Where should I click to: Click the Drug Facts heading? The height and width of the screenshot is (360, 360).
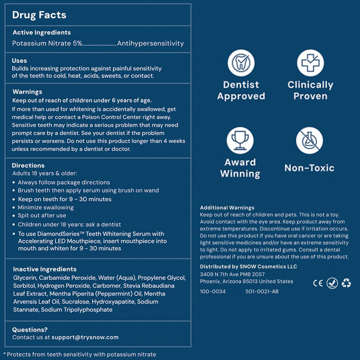click(x=39, y=15)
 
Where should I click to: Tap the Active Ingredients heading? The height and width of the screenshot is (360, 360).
click(x=42, y=33)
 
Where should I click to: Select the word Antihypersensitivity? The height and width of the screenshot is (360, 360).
click(x=150, y=43)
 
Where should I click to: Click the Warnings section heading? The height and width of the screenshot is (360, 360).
click(x=27, y=92)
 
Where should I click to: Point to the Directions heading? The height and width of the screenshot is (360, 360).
click(x=28, y=165)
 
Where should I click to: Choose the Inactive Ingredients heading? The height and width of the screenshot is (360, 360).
click(x=45, y=269)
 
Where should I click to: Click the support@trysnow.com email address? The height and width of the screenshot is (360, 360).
click(x=85, y=337)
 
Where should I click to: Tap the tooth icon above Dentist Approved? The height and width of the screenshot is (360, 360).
click(x=241, y=63)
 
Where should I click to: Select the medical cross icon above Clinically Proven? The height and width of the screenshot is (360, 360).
click(x=310, y=63)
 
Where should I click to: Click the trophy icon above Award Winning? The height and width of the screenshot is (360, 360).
click(x=240, y=140)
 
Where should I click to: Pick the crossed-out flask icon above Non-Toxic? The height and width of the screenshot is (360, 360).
click(x=309, y=140)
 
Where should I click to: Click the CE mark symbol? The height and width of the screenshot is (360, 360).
click(x=318, y=283)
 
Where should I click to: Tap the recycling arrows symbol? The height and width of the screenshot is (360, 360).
click(x=346, y=283)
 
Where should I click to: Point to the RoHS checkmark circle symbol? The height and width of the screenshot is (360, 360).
click(x=332, y=283)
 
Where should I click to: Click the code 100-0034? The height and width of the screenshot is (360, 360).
click(x=213, y=291)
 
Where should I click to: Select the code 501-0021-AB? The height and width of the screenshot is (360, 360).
click(x=262, y=291)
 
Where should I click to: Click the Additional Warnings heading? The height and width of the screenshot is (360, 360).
click(x=227, y=208)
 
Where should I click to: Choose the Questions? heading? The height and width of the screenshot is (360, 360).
click(x=30, y=330)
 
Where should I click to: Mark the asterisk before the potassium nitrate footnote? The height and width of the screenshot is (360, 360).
click(x=5, y=354)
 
